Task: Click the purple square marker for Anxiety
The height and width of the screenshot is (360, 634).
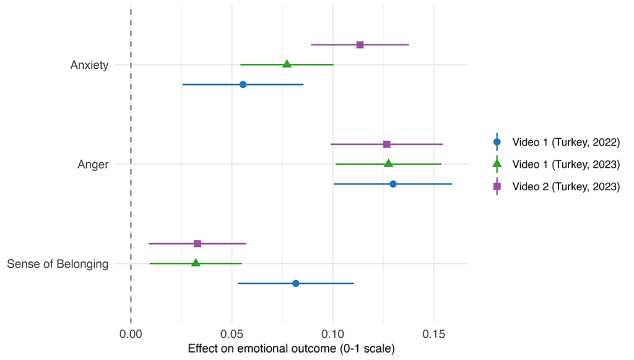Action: [360, 45]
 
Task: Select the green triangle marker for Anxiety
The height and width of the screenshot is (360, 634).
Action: [287, 64]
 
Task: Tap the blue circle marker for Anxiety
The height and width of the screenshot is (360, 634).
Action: [243, 84]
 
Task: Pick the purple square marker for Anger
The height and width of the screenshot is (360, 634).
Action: [387, 144]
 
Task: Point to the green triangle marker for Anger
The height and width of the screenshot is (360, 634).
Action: [388, 164]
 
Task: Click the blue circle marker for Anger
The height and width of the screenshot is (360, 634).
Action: [393, 184]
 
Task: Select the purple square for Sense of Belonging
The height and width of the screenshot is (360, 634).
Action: [198, 244]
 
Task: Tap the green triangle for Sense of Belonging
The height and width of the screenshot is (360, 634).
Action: [196, 263]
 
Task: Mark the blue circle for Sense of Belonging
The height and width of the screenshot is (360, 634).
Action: [296, 283]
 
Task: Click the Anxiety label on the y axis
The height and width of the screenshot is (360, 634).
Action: [90, 65]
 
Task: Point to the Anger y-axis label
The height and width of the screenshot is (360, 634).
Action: [93, 164]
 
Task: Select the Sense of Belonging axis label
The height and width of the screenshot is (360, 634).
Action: [58, 264]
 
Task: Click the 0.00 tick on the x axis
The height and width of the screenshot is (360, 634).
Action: [131, 333]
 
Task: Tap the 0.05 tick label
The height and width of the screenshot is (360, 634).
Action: [232, 333]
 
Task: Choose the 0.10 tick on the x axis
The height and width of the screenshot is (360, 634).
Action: [332, 333]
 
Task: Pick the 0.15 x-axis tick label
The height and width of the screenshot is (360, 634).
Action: [433, 333]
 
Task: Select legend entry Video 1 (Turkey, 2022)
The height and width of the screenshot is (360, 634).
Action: [566, 142]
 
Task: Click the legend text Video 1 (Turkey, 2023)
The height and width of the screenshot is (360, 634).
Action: [566, 164]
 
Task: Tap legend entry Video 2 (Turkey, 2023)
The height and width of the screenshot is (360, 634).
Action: [566, 187]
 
